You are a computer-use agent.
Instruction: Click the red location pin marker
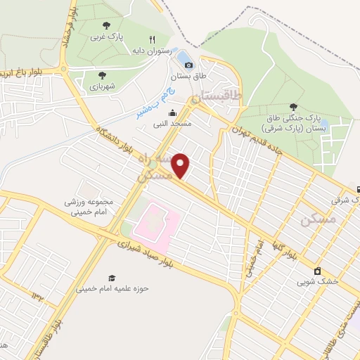point(181,166)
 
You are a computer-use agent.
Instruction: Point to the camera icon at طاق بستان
point(188,66)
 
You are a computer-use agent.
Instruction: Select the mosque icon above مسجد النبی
point(172,112)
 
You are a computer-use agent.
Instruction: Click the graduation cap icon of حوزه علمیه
point(110,278)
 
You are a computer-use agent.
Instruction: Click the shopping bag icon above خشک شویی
point(317,271)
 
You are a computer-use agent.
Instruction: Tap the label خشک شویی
point(317,282)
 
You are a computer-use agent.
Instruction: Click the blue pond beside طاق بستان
point(182,56)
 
